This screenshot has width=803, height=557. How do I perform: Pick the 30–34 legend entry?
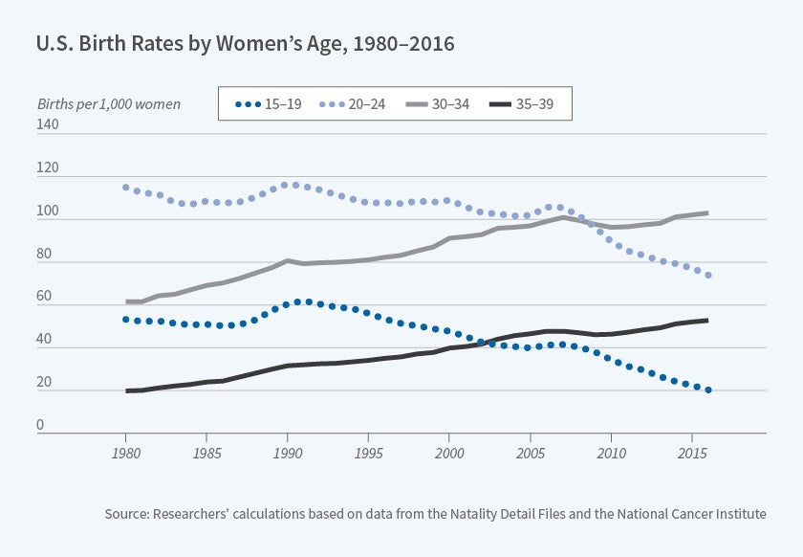[x=451, y=103]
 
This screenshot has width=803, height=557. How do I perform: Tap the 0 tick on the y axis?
[x=41, y=426]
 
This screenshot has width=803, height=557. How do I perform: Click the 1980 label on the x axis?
[x=125, y=453]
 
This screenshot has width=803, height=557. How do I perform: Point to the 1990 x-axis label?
[x=288, y=453]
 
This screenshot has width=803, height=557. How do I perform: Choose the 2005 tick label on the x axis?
[x=531, y=453]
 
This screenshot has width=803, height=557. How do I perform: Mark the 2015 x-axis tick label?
[x=692, y=453]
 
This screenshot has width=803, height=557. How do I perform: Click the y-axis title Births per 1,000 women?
[x=108, y=103]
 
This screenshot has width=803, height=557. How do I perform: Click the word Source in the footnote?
[x=128, y=514]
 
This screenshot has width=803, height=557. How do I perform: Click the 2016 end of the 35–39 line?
[x=707, y=320]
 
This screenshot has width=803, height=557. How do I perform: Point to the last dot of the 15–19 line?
[x=708, y=390]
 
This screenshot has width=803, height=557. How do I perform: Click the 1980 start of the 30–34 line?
[x=126, y=301]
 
